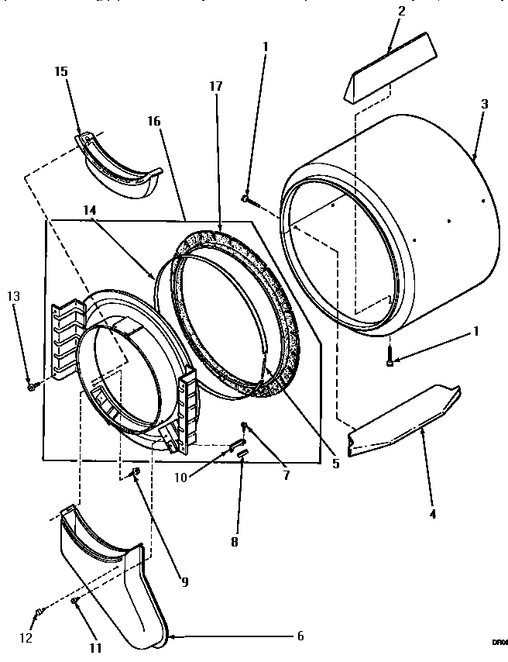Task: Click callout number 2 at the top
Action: click(x=400, y=12)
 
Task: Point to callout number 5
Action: click(x=335, y=464)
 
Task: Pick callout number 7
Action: click(x=287, y=475)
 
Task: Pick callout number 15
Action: click(x=60, y=71)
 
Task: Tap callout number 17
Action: click(x=215, y=87)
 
